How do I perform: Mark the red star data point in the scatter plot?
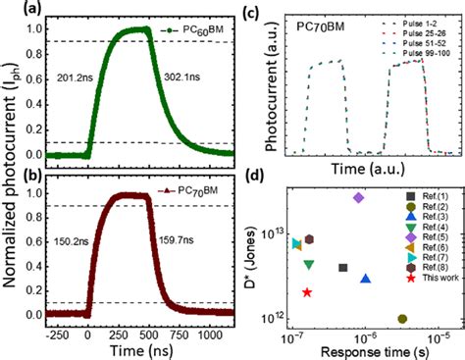click(308, 292)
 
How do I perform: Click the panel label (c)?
click(273, 13)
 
